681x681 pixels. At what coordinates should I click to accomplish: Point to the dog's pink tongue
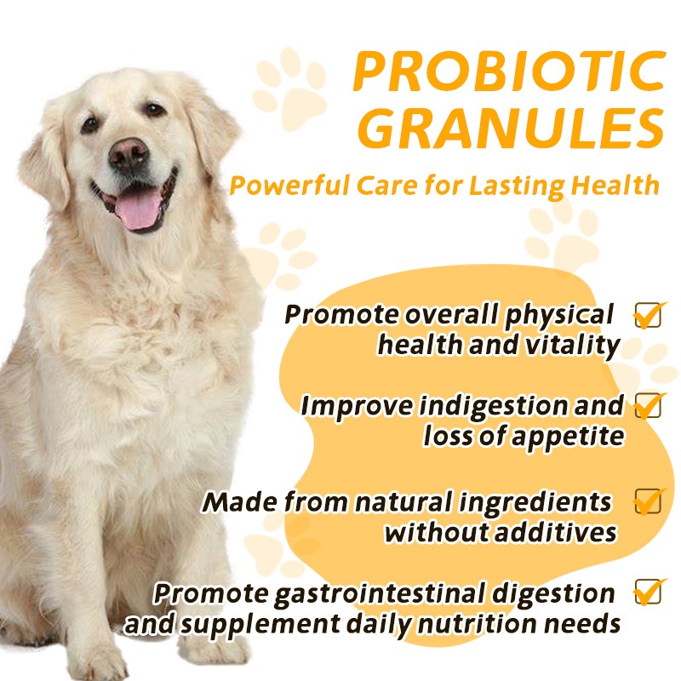pyautogui.click(x=138, y=208)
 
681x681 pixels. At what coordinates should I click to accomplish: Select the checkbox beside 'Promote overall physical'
pyautogui.click(x=649, y=315)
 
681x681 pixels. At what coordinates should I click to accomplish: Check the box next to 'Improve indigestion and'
pyautogui.click(x=649, y=405)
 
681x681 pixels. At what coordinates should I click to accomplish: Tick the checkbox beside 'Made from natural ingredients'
pyautogui.click(x=649, y=501)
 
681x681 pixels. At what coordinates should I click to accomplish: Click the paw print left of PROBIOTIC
pyautogui.click(x=289, y=89)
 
